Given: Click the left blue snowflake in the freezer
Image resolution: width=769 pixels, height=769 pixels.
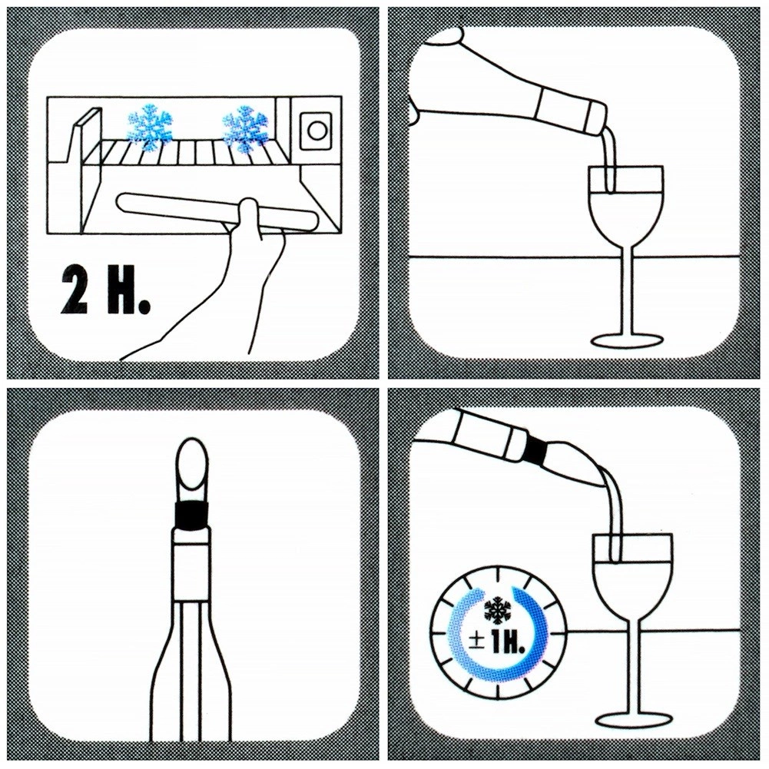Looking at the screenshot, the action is click(151, 124).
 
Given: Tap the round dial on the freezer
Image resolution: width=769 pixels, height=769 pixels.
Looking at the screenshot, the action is click(317, 131).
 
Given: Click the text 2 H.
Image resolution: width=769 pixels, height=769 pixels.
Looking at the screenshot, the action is click(105, 291).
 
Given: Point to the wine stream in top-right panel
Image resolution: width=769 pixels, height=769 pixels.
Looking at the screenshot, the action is click(608, 159).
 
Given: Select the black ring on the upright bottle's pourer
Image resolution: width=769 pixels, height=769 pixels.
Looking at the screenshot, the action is click(192, 515).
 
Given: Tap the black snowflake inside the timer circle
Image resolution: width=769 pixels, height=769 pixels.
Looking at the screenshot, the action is click(497, 610).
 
